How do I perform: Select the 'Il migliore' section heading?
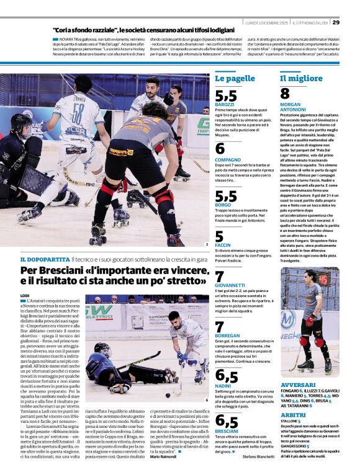pyautogui.click(x=301, y=79)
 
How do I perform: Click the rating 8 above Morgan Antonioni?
pyautogui.click(x=285, y=94)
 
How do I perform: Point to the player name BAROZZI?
pyautogui.click(x=226, y=104)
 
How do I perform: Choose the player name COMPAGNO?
pyautogui.click(x=228, y=159)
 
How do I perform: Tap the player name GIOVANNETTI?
pyautogui.click(x=232, y=286)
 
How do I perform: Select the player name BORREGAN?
pyautogui.click(x=228, y=336)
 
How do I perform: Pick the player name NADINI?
pyautogui.click(x=223, y=386)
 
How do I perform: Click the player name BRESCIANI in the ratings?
pyautogui.click(x=227, y=432)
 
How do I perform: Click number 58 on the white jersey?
pyautogui.click(x=78, y=114)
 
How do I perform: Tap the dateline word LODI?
pyautogui.click(x=26, y=296)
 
